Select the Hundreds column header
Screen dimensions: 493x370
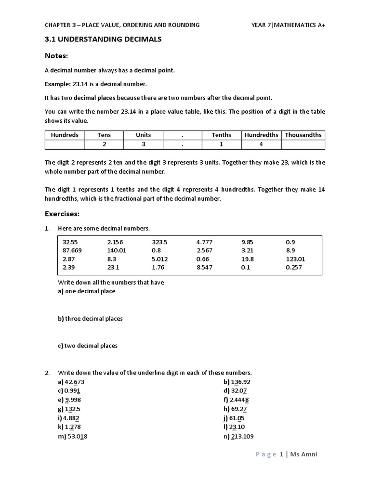65,135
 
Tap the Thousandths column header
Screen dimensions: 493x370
303,135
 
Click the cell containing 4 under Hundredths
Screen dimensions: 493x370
261,144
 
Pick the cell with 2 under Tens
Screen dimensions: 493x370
104,144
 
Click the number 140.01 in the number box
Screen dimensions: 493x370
117,250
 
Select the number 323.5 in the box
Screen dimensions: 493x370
160,242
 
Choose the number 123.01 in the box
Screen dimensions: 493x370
295,259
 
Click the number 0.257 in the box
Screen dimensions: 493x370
294,267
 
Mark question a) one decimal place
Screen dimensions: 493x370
87,291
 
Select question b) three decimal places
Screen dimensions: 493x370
90,319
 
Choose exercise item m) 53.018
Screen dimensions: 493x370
73,437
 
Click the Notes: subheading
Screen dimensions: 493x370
56,56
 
